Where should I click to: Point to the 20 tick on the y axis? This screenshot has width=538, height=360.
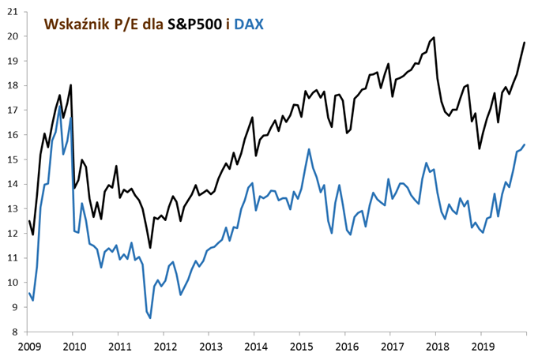13,36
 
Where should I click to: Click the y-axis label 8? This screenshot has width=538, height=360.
15,332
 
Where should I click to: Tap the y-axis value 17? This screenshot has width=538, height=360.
13,110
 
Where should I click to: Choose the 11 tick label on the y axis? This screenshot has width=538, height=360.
13,257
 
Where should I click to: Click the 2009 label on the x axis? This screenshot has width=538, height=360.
28,346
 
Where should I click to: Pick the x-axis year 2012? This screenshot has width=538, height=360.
164,346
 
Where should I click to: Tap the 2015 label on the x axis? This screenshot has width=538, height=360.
300,346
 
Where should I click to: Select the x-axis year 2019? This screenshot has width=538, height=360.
482,346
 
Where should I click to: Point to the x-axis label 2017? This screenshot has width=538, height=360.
391,346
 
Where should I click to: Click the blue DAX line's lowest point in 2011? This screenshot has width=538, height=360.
150,317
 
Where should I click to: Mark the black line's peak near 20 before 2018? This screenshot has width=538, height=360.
434,37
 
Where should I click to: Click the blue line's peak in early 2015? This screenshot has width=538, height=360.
308,149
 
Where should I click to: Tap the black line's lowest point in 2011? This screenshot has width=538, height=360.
150,248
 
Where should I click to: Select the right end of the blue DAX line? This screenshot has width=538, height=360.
525,145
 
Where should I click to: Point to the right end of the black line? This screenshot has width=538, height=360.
525,43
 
